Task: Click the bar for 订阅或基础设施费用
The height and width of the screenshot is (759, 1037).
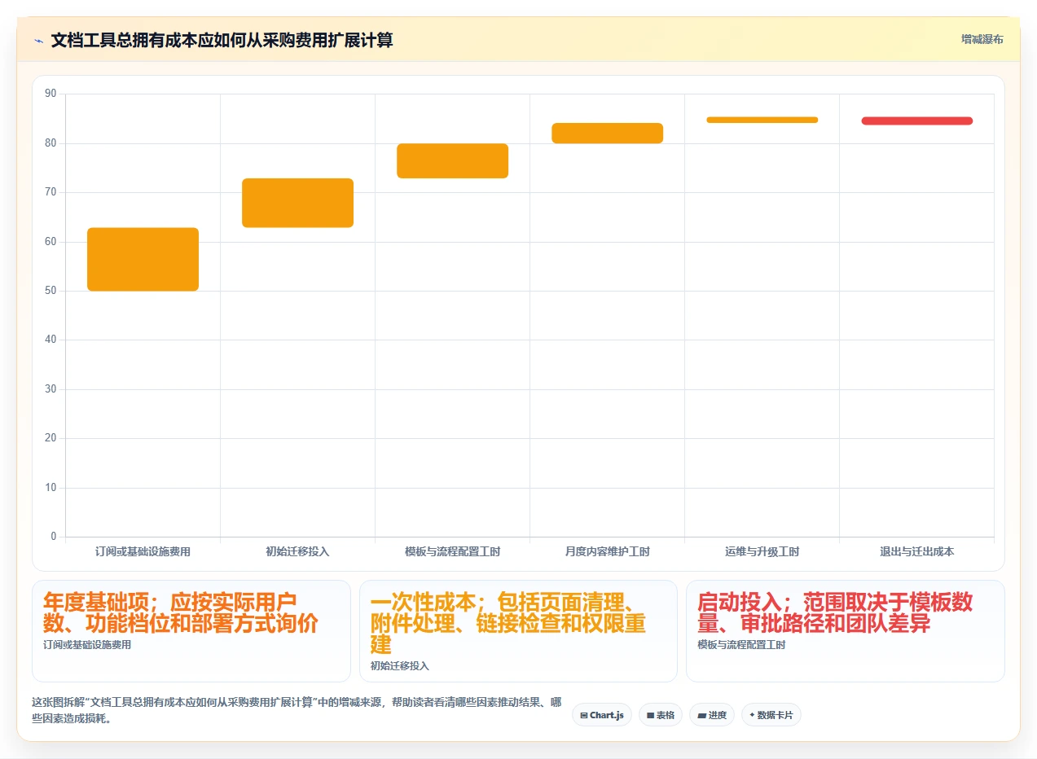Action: pos(143,259)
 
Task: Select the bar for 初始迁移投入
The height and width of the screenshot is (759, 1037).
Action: pos(297,203)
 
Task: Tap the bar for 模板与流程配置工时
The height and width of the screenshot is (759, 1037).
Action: pos(452,160)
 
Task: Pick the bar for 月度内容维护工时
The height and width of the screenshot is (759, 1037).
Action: pos(608,133)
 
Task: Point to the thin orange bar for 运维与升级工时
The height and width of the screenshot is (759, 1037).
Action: pos(762,120)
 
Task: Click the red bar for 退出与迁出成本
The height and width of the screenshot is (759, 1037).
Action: pos(917,121)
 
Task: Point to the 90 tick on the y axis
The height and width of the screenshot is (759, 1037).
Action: pos(51,94)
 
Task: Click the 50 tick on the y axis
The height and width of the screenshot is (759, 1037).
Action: pos(51,291)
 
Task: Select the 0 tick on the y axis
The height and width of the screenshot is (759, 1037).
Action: pos(54,537)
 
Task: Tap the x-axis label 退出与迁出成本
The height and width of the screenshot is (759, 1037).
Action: pos(917,551)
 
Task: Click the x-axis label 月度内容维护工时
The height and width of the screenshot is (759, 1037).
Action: pos(608,551)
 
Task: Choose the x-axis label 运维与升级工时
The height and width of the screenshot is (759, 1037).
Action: pos(762,551)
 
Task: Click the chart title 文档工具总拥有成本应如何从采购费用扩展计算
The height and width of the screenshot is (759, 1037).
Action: pos(222,40)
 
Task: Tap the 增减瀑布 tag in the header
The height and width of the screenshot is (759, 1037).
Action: pos(982,39)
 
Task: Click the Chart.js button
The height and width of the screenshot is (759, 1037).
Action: pos(602,715)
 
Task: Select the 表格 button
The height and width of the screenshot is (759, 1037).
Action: pos(661,715)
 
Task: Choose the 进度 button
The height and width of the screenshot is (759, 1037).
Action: pos(712,715)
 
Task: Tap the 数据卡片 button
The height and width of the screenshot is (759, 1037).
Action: pos(771,715)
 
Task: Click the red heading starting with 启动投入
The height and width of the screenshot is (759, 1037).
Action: pos(835,612)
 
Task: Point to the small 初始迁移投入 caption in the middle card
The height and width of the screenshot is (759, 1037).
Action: pos(399,666)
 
